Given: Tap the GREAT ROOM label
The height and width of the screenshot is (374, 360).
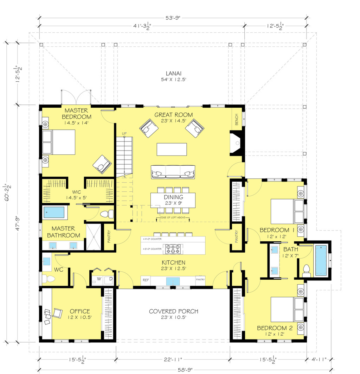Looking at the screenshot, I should click(174, 115).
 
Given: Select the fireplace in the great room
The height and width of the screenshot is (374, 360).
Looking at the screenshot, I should click(236, 143).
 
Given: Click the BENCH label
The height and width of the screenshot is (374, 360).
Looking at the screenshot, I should click(237, 120).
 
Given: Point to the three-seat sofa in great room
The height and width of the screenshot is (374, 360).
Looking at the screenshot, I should click(173, 172).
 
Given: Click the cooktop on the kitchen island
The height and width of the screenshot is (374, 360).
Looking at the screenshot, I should click(173, 249).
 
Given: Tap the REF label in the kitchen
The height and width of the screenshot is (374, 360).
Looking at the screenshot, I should click(146, 280).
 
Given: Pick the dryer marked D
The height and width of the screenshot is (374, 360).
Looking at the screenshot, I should click(110, 279).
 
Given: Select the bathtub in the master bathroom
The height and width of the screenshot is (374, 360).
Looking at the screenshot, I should click(54, 213).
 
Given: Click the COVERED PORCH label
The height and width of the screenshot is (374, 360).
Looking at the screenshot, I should click(173, 311).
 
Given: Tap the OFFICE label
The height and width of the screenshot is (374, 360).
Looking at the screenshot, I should click(79, 311).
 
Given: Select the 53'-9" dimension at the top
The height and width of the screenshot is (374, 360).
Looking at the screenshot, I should click(173, 18).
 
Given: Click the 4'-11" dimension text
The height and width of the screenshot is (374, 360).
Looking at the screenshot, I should click(319, 360).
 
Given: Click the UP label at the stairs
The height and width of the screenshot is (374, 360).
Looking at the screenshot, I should click(124, 134).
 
